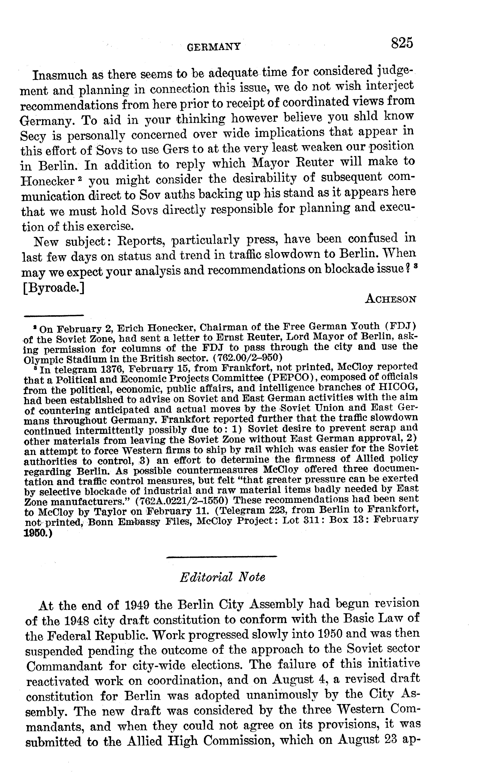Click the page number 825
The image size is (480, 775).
(x=402, y=43)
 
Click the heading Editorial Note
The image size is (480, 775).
(x=222, y=577)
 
